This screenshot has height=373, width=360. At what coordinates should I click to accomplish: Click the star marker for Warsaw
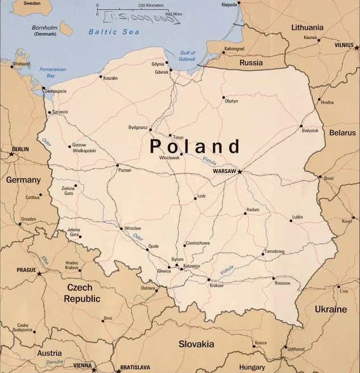coord(239,171)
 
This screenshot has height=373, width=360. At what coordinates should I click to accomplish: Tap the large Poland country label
coord(195,146)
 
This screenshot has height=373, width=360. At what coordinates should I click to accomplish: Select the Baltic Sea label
coord(114,32)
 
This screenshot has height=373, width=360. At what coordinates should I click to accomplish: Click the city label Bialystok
coord(310,131)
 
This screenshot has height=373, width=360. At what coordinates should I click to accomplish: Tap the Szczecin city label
coord(60,112)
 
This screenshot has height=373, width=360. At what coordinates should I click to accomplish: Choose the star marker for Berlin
coord(11,154)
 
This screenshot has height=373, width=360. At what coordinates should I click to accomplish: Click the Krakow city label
coord(216,285)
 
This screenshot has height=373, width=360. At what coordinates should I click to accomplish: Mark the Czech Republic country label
coord(83,293)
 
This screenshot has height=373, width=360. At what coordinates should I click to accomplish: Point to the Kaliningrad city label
coord(234,49)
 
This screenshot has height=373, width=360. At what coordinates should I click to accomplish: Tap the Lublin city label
coord(297,217)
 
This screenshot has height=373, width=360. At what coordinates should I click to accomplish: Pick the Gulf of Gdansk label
coord(187,56)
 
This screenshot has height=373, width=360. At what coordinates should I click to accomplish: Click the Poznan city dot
coord(118,165)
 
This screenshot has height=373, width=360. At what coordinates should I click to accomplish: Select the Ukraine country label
coord(330,309)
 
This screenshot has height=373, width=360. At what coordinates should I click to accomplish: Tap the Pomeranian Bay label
coord(52,72)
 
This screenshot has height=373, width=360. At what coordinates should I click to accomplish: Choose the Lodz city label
coord(201,196)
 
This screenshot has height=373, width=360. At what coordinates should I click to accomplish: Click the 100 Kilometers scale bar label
coord(150,5)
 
